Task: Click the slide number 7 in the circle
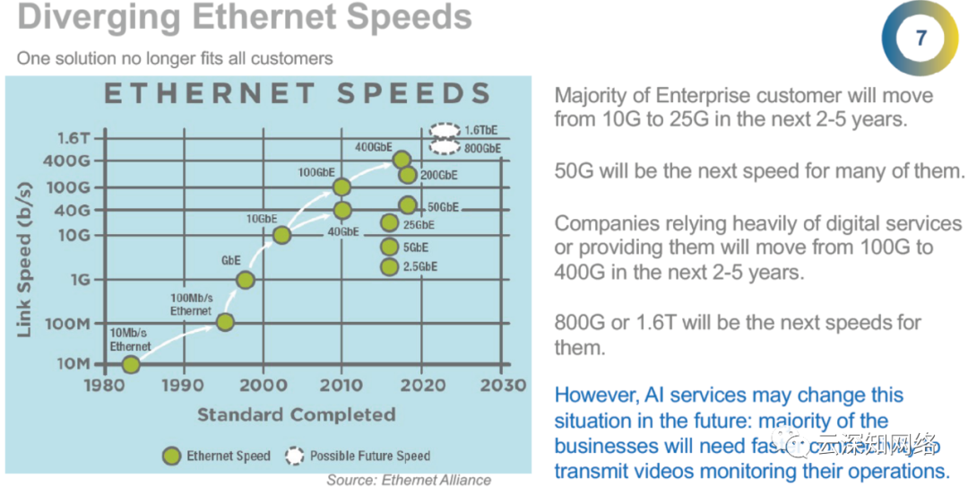(921, 38)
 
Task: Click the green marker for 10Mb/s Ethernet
(131, 364)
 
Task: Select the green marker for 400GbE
(402, 161)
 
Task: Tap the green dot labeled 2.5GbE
(389, 266)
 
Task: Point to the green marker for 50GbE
(407, 205)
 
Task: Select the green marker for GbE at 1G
(245, 280)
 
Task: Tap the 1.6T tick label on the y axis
(73, 138)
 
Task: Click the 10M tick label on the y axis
(73, 364)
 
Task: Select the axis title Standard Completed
(296, 414)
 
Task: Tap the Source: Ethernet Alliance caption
(408, 480)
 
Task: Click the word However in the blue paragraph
(595, 396)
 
